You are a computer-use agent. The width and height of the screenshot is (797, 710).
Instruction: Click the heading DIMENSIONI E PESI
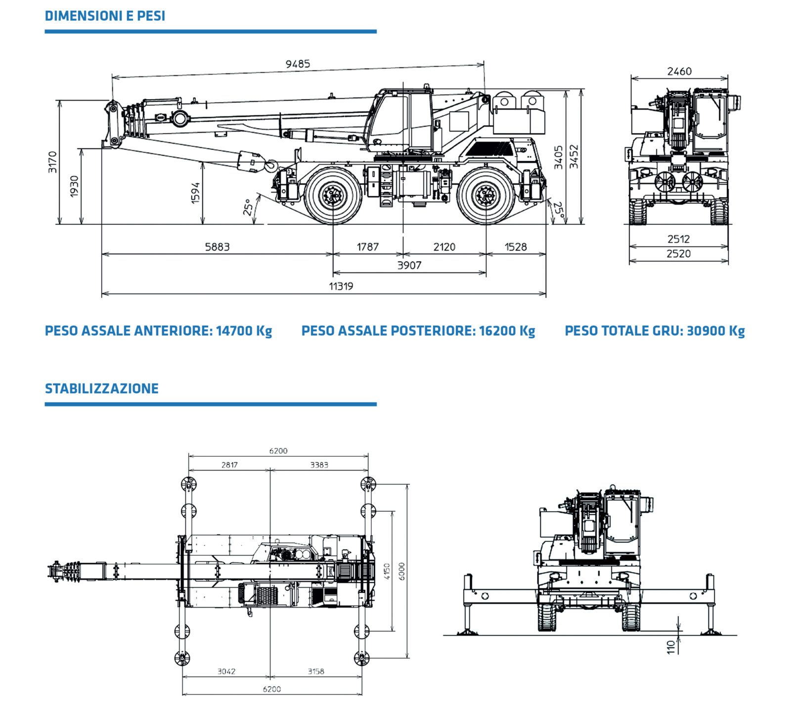click(x=105, y=16)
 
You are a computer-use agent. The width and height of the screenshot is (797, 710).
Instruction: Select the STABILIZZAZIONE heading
click(x=102, y=389)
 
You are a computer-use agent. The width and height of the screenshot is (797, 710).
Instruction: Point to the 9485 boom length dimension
click(x=298, y=64)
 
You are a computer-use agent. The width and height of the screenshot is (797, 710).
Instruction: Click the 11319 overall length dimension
click(x=341, y=286)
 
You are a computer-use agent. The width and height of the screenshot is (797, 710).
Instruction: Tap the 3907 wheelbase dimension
click(x=409, y=266)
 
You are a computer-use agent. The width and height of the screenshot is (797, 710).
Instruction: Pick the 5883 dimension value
click(x=217, y=247)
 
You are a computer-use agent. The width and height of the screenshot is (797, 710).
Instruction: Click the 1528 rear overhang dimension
click(x=516, y=247)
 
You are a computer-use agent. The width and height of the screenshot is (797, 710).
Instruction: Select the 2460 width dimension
click(x=679, y=71)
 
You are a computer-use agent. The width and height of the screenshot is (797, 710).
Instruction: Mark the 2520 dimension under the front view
click(x=678, y=254)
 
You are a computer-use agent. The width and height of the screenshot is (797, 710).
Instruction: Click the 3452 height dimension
click(x=574, y=156)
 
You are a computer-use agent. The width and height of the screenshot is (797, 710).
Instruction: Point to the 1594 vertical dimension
click(x=196, y=193)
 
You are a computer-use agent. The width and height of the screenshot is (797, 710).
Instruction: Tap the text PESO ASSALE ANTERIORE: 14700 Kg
click(x=158, y=331)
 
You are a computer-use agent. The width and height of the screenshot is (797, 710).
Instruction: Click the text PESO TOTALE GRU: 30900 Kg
click(x=655, y=331)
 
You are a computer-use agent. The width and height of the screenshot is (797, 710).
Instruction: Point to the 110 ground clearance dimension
click(x=671, y=647)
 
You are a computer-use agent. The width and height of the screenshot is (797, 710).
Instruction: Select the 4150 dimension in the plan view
click(x=387, y=571)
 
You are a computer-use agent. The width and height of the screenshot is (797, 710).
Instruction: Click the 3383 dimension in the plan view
click(x=319, y=465)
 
